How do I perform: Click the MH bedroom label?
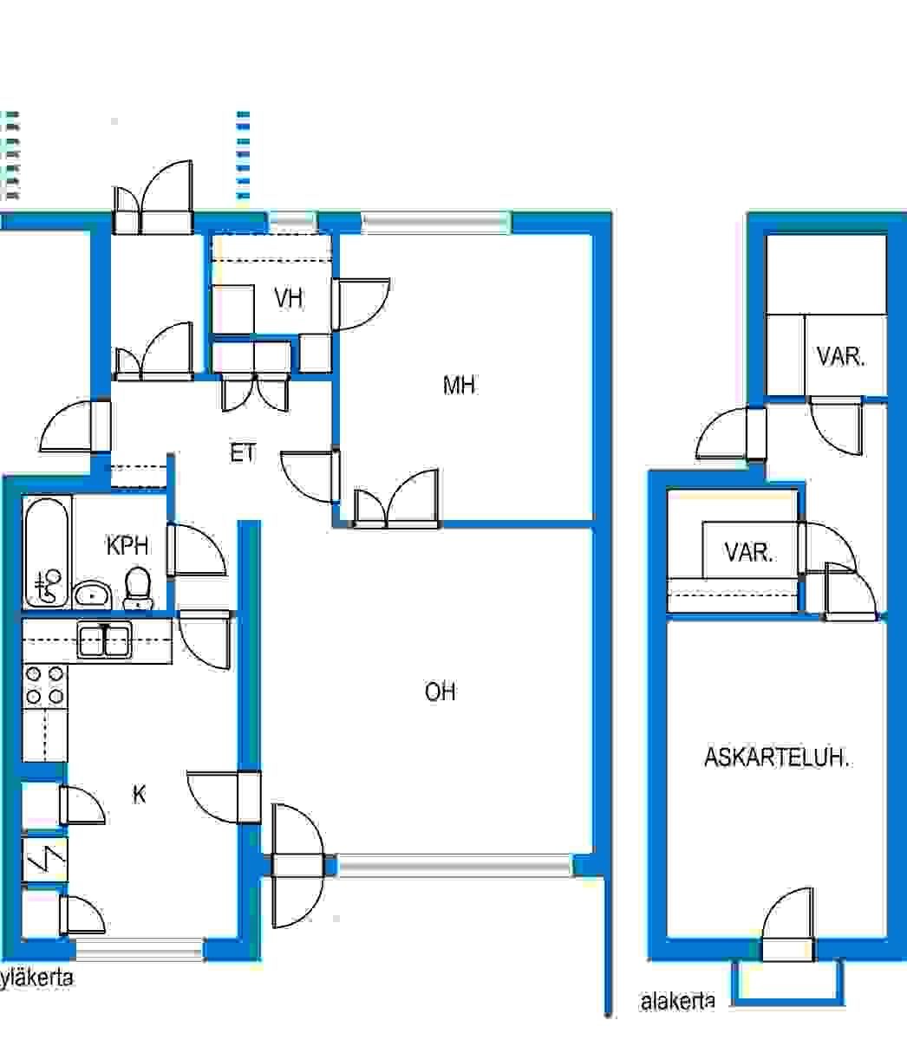tap(459, 385)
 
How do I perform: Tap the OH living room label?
tap(440, 692)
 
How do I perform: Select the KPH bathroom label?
tap(127, 545)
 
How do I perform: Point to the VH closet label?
tap(289, 298)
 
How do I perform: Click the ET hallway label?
tap(243, 452)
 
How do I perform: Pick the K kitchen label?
tap(139, 794)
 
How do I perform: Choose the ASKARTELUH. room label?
tap(776, 757)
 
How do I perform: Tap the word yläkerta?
tap(36, 978)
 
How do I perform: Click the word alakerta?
tap(678, 1002)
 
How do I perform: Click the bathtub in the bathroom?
tap(47, 552)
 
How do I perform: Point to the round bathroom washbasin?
tap(93, 595)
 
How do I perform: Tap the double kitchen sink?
tap(104, 640)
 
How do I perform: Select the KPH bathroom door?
tap(197, 550)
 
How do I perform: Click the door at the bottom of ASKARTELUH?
tap(787, 924)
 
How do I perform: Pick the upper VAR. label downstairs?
tap(840, 357)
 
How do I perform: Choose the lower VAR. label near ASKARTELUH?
tap(748, 552)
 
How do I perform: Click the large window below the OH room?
tap(454, 865)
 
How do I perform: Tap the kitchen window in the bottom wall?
tap(140, 950)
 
